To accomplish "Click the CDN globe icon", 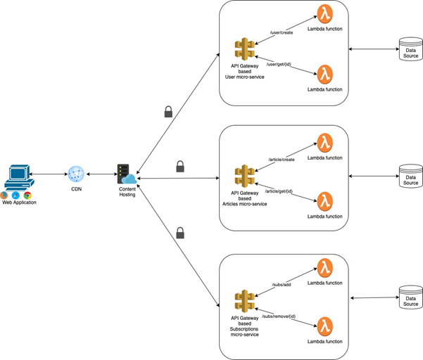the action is (x=76, y=174).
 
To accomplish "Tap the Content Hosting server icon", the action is (x=127, y=174).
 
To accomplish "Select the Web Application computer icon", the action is (x=19, y=178).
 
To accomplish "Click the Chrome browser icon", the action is (x=27, y=195).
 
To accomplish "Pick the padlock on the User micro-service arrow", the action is (x=168, y=112).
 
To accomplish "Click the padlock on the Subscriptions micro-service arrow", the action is (x=180, y=233).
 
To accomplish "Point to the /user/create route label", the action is (x=282, y=32).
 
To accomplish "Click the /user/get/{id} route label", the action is (x=279, y=65).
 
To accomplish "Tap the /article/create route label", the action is (x=282, y=160).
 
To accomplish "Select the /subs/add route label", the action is (x=282, y=285).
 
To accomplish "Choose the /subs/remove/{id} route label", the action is (x=279, y=316).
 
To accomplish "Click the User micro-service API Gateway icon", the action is (x=244, y=49).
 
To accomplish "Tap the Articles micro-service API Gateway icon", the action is (x=244, y=176).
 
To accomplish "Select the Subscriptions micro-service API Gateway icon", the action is (x=244, y=301).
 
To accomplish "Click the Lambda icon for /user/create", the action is (x=324, y=14).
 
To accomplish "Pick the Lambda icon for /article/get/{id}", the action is (x=324, y=201).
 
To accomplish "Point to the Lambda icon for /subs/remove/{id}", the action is (x=324, y=326).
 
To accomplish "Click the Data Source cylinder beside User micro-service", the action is (x=410, y=49).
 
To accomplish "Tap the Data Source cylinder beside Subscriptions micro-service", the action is (x=410, y=297).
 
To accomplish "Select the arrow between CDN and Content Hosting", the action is (x=102, y=174).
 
